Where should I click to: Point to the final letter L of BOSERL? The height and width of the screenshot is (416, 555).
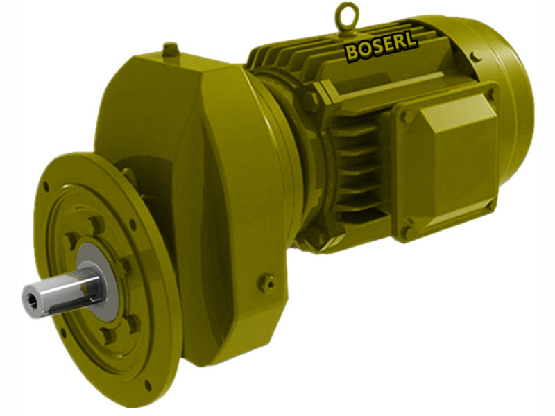pos(411,42)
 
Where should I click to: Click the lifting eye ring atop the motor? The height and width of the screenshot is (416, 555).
pos(346,15)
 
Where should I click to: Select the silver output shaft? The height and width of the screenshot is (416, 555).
pos(62,291)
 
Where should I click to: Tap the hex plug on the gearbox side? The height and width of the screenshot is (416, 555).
pos(267,282)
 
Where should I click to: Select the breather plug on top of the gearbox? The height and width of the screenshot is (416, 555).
pos(171,50)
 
